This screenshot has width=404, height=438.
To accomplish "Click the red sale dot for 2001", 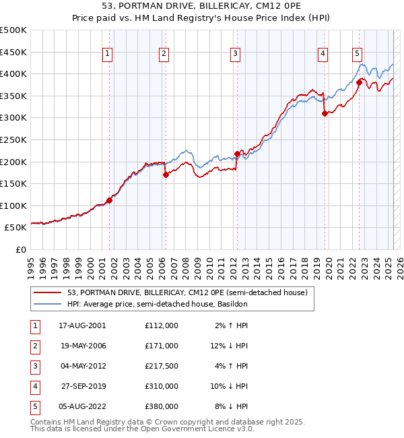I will [x=110, y=200].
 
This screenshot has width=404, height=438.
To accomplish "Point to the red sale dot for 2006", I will [x=166, y=175].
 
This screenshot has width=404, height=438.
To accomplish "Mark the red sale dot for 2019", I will [x=325, y=113].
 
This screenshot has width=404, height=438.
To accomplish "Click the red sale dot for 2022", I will [x=359, y=82].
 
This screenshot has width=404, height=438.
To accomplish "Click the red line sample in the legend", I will [x=48, y=292].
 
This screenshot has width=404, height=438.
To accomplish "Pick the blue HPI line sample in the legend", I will [x=48, y=304].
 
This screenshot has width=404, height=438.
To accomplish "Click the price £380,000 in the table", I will [x=161, y=406].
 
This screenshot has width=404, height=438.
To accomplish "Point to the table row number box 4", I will [x=34, y=386].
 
